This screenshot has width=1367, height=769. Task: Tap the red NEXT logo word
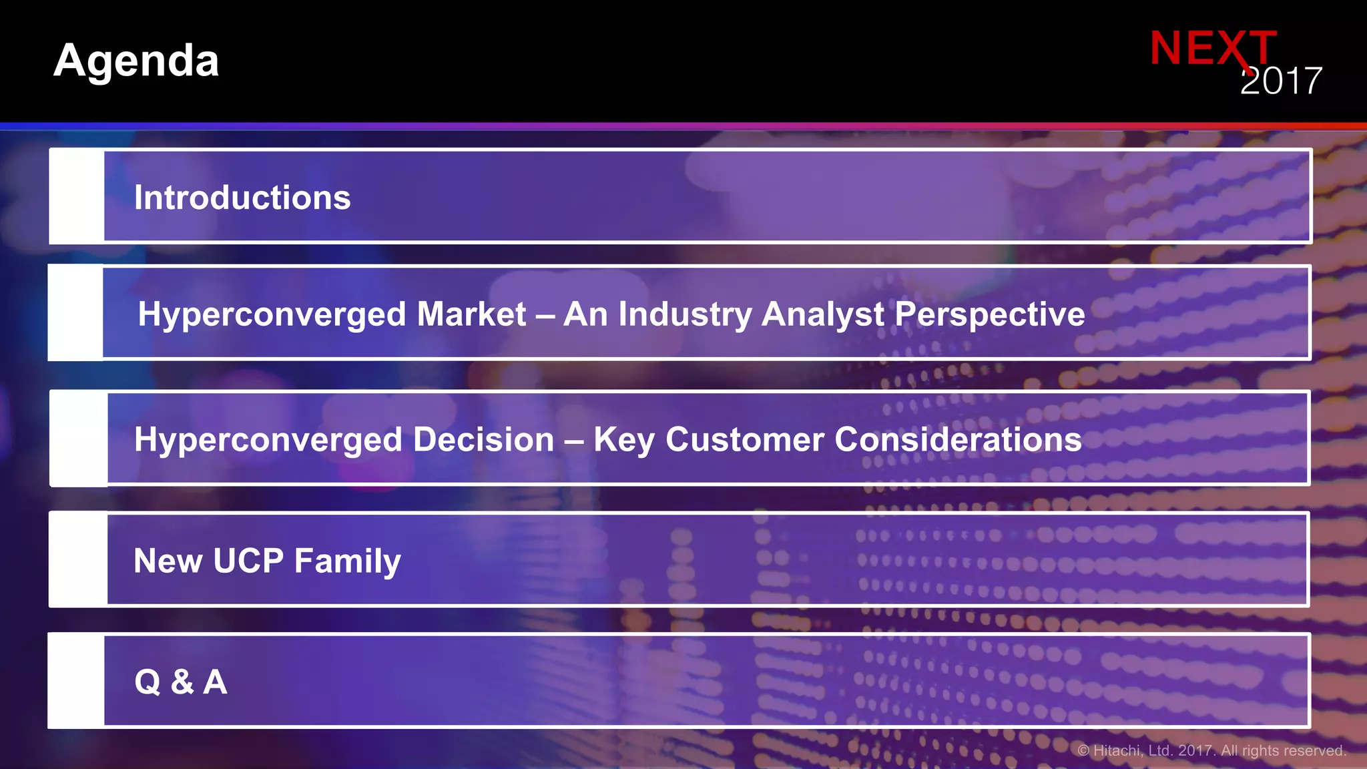click(1212, 48)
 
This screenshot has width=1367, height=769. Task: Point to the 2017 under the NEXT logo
click(1281, 81)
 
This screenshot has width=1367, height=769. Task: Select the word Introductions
click(242, 198)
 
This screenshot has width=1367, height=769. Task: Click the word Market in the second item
click(471, 314)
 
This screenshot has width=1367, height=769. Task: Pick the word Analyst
click(822, 314)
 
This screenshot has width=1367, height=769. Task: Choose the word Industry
click(685, 314)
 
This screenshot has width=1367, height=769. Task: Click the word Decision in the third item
click(483, 439)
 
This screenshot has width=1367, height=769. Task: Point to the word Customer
click(745, 439)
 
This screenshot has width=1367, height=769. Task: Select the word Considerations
click(958, 439)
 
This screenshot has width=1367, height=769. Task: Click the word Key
click(624, 441)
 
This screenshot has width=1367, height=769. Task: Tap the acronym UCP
click(248, 561)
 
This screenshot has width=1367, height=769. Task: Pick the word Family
click(347, 561)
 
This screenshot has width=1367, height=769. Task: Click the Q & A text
click(181, 682)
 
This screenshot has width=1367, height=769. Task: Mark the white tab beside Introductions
click(77, 196)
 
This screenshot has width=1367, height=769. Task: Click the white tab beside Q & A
click(76, 681)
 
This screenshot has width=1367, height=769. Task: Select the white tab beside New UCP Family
click(78, 559)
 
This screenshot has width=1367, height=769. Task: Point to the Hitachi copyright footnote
click(1211, 750)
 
